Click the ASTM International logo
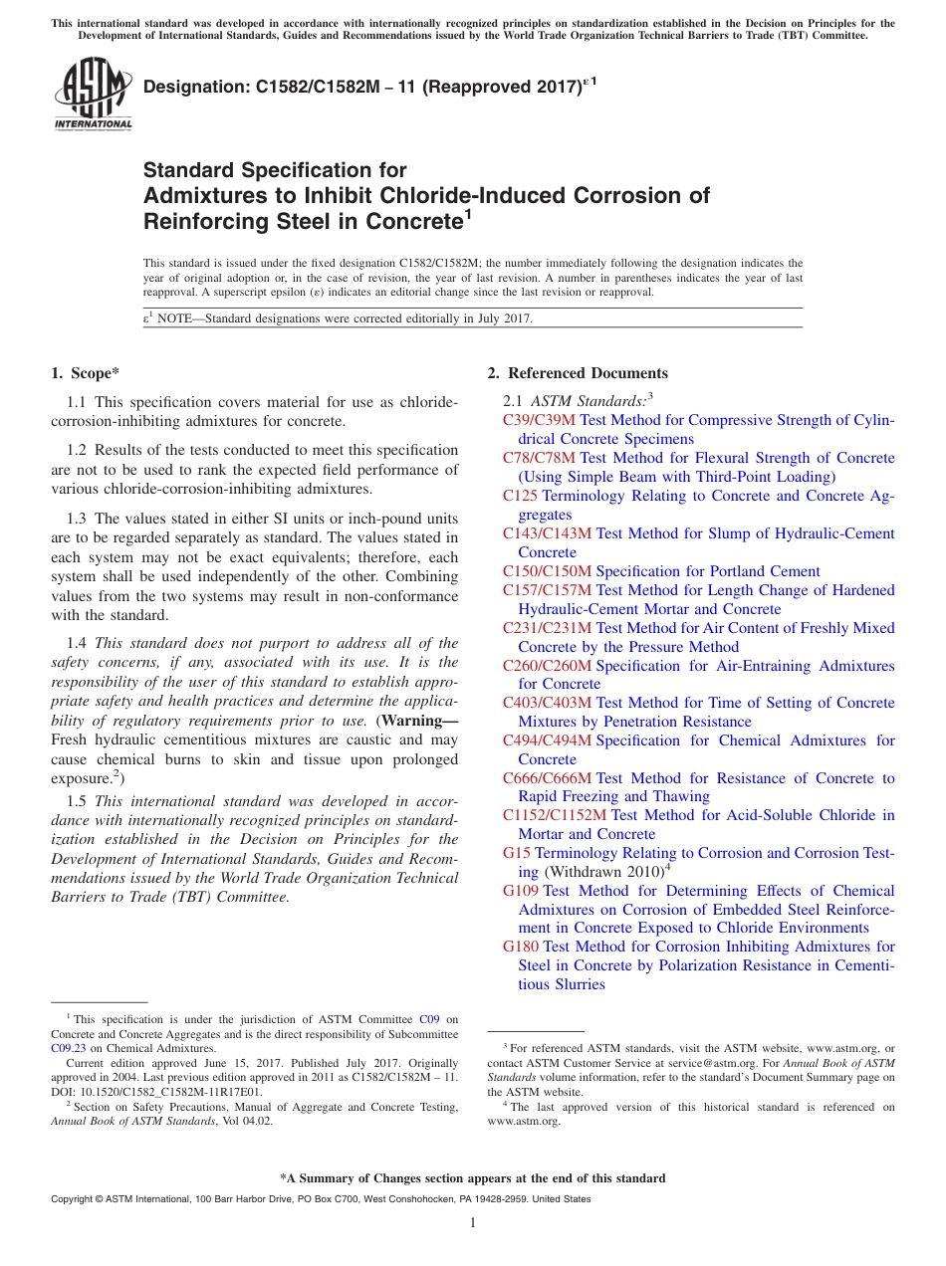pos(92,94)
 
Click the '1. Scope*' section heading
pos(85,373)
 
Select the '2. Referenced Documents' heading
pos(578,373)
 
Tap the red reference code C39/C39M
pos(540,420)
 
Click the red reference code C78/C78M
pos(539,458)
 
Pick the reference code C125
pos(520,496)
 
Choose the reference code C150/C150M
pos(547,571)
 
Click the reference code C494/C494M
pos(547,740)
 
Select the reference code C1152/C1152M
pos(555,815)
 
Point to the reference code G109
pos(521,891)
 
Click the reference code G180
pos(521,947)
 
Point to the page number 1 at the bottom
pos(473,1222)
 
